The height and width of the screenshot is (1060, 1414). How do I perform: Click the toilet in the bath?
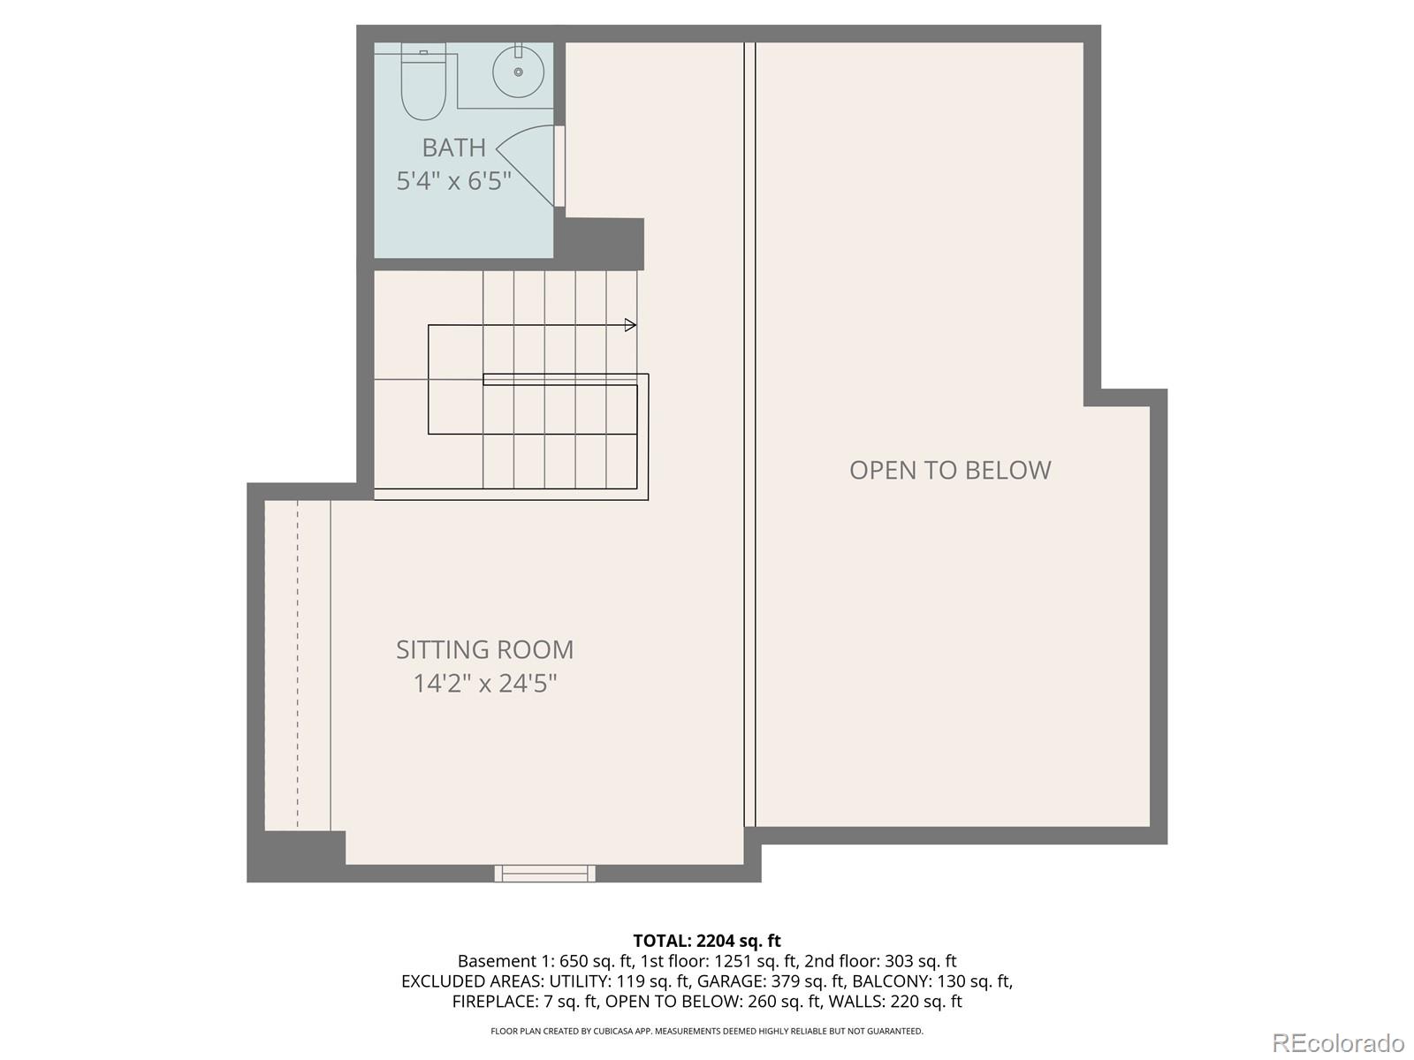pos(423,86)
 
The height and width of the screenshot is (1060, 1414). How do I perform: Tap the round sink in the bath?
pos(518,71)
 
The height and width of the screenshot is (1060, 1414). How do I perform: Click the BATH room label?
pos(453,148)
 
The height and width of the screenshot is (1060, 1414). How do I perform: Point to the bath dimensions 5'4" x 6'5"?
pos(453,181)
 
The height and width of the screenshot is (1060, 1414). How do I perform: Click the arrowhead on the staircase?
pos(630,325)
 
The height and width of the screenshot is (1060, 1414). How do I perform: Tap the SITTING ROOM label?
pos(484,650)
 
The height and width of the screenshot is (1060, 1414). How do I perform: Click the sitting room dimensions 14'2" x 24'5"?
pos(484,684)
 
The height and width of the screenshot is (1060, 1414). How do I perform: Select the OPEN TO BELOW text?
pos(950,470)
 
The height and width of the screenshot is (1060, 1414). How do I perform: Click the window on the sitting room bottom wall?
pos(544,874)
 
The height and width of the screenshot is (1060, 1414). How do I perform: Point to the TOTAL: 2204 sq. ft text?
pos(706,941)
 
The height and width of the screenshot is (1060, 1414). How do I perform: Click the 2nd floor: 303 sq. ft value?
pos(880,961)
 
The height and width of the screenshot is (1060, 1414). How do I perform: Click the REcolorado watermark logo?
pos(1338,1043)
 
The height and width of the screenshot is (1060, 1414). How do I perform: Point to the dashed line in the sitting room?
pos(298,662)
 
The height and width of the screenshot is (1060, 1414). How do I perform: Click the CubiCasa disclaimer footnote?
pos(706,1031)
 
